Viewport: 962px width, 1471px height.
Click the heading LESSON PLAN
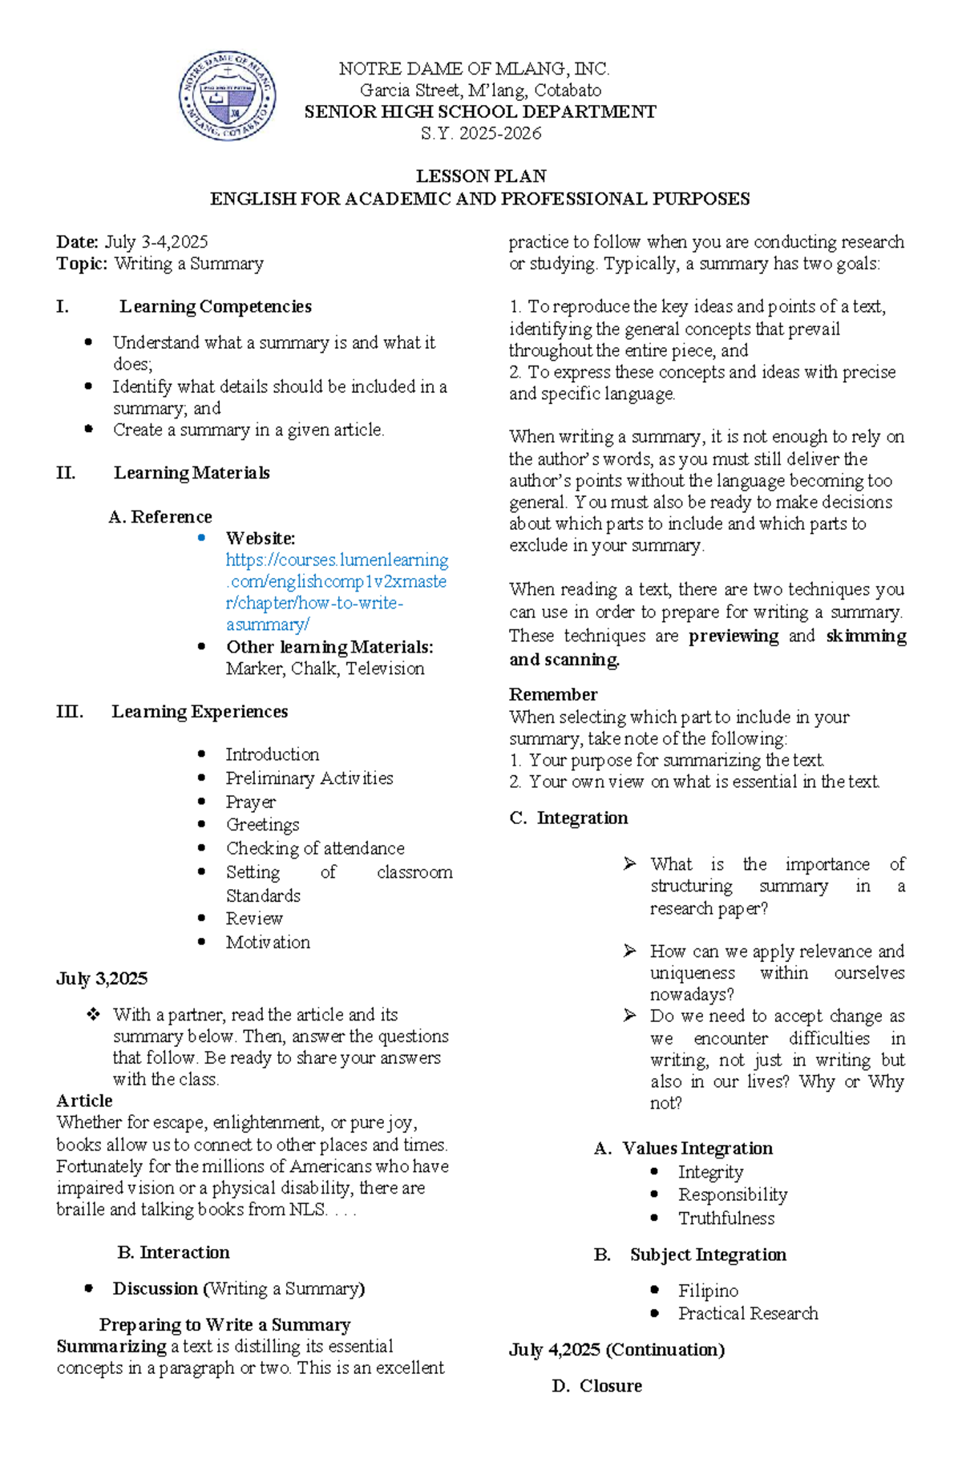[480, 176]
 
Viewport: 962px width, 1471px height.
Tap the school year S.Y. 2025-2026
[480, 134]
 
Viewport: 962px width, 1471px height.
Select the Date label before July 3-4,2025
[78, 242]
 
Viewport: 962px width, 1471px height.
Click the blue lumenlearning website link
[337, 592]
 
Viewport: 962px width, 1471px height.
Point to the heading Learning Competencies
[215, 307]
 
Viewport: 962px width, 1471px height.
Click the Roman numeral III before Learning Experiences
[70, 712]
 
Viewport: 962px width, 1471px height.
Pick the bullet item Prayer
[250, 802]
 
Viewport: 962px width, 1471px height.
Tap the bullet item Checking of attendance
[314, 848]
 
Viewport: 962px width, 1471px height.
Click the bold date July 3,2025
[102, 979]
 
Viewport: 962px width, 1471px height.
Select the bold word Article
[84, 1101]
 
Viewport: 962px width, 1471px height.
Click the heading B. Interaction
[173, 1252]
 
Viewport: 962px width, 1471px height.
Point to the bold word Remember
[553, 695]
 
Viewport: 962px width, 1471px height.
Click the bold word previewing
[733, 636]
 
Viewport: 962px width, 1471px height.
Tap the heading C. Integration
[569, 818]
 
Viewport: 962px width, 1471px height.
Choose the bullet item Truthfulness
[726, 1218]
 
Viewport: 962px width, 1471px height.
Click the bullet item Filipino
[708, 1291]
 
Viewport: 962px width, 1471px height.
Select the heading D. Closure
[597, 1386]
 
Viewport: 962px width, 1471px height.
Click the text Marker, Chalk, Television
[325, 669]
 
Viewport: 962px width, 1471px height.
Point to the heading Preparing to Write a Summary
[224, 1324]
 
